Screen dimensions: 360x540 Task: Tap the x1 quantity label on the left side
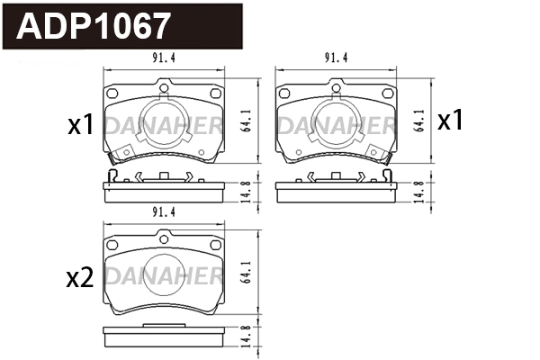tap(81, 124)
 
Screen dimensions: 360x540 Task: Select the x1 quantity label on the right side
tap(450, 120)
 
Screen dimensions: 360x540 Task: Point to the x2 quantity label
tap(80, 278)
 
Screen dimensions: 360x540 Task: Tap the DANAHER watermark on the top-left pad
tap(163, 124)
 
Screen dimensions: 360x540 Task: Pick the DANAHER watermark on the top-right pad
tap(335, 124)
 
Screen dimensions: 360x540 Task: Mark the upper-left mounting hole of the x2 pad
tap(113, 245)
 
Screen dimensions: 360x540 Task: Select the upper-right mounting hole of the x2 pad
tap(214, 245)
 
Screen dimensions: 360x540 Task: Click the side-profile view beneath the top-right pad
tap(335, 190)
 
